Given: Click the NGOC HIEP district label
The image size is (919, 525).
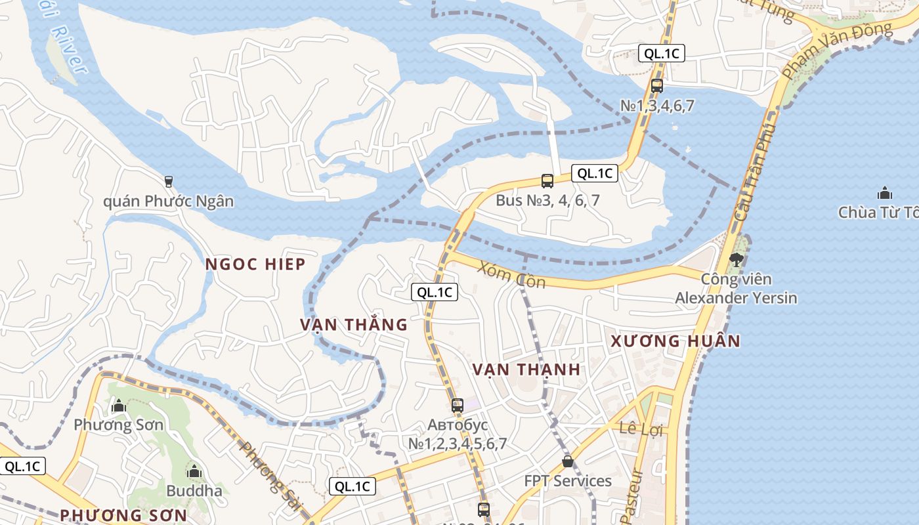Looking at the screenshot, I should pos(255,264).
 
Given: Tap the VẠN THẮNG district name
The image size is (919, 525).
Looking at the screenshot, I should pos(354,325).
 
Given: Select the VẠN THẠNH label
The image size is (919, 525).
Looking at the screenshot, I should pos(526,369).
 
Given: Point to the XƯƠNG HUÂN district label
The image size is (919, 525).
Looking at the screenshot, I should pos(675,341).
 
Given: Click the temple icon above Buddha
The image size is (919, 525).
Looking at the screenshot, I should pos(194,471).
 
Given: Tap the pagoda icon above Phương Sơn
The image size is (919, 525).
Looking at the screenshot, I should pos(119,406).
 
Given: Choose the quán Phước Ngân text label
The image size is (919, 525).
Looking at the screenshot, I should pos(168,201).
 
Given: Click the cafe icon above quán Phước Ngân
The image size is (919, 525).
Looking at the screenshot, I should pos(169,181).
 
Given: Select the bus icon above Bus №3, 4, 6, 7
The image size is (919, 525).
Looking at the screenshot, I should pos(547,181).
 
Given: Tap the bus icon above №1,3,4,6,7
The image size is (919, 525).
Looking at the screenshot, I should pos(657,86).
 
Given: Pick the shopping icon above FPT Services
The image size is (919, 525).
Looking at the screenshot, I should pos(568,461).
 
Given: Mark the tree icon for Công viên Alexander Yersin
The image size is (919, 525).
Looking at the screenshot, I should pos(736,259).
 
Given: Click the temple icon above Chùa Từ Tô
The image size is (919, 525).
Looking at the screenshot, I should pos(884,193).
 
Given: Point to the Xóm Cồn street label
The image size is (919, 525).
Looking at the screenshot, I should pos(512,274).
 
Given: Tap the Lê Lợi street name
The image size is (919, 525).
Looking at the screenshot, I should pos(643,430).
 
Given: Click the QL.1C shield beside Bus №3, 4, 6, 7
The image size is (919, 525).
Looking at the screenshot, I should pos(595,173).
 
